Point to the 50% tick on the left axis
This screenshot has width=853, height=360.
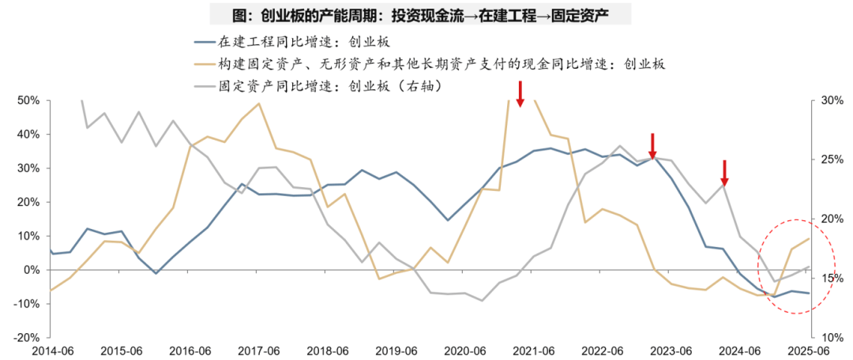click(29, 101)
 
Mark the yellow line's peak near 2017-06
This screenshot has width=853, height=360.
click(259, 103)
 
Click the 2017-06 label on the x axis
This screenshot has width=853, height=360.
click(258, 351)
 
